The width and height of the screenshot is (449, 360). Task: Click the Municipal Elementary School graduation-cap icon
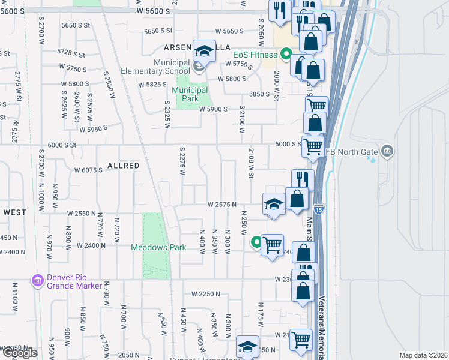204,52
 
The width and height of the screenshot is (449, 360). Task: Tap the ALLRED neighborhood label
123,165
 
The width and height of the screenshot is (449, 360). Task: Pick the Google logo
19,353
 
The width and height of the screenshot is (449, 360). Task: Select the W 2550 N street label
82,214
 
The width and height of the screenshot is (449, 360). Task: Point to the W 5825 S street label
152,85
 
